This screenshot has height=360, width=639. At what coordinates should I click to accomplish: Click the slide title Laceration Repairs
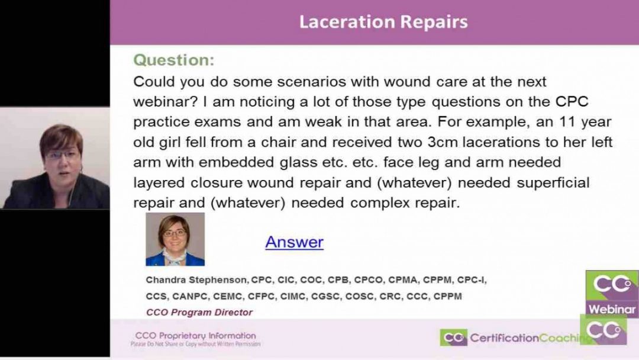coord(383,22)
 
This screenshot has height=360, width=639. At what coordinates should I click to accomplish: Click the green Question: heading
coord(173,60)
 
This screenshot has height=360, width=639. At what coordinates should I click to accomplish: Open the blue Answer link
coord(294,242)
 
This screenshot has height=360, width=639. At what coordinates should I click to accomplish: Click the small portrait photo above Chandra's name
coord(175,239)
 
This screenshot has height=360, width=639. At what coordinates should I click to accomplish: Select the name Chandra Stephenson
coord(197,279)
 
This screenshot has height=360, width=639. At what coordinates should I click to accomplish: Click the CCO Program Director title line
coord(199,312)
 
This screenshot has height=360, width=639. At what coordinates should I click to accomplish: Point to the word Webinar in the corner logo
coord(612,309)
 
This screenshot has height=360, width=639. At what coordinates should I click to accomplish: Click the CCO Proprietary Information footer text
coord(195,335)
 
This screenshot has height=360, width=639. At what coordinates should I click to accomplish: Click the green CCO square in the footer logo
coord(453,338)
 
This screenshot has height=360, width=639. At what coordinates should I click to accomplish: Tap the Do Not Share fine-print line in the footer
coord(195,343)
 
